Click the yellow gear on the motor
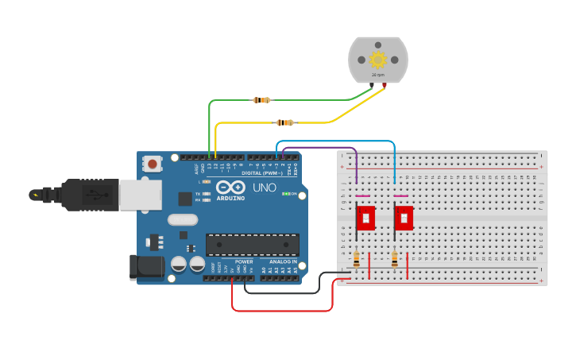(377, 60)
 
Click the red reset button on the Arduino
(152, 164)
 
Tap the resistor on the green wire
(261, 100)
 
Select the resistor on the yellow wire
(284, 122)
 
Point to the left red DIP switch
(365, 218)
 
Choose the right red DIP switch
(404, 218)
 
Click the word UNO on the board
(264, 188)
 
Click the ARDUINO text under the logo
(230, 198)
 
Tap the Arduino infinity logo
(230, 187)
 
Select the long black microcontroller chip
(253, 245)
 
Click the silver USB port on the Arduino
(140, 195)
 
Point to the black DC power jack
(147, 267)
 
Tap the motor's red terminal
(385, 84)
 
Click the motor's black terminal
(371, 84)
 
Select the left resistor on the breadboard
(356, 259)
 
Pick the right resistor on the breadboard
(395, 259)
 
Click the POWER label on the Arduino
(244, 261)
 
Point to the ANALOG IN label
(283, 261)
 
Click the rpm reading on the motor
(378, 75)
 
